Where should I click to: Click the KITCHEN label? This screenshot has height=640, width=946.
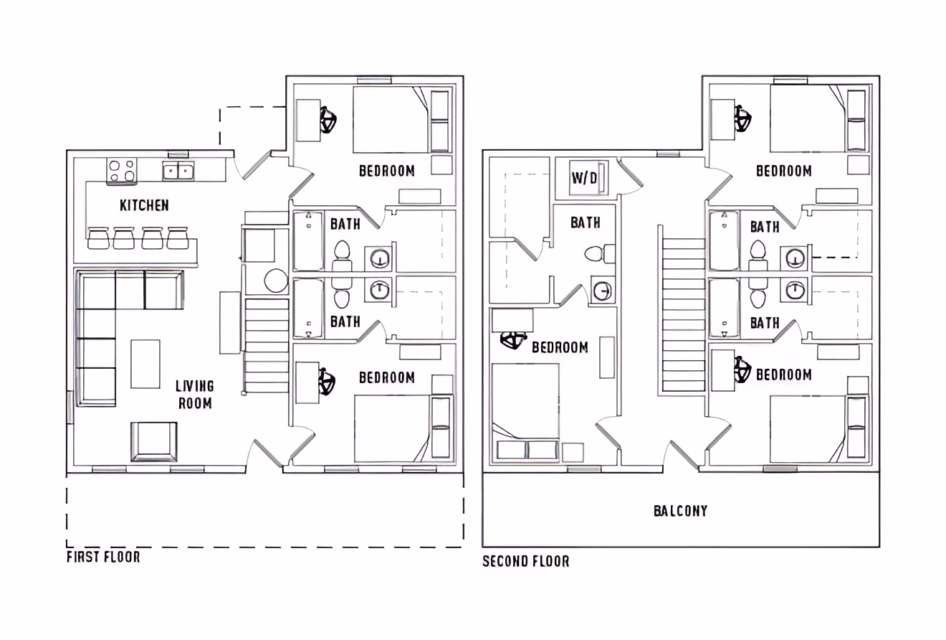(x=144, y=205)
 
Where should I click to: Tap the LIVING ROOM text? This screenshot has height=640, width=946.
(x=195, y=395)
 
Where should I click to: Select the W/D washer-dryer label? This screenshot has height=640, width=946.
(x=584, y=177)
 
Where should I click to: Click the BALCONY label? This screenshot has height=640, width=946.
(x=680, y=511)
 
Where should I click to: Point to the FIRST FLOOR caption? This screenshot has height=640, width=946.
(x=103, y=557)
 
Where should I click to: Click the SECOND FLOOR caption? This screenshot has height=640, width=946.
(x=525, y=561)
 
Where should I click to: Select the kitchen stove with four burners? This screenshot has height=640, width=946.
(x=122, y=171)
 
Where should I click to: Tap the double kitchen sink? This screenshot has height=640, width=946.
(x=178, y=171)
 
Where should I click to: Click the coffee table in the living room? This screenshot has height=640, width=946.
(x=145, y=364)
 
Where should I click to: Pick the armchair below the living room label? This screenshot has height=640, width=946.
(x=153, y=441)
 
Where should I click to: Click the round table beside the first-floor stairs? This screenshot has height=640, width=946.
(x=276, y=281)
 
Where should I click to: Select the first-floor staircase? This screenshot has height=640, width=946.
(x=267, y=346)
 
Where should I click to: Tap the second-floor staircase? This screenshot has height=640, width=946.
(x=683, y=314)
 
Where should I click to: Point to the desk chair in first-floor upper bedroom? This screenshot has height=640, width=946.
(x=329, y=121)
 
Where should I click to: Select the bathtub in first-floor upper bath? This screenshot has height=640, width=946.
(x=308, y=241)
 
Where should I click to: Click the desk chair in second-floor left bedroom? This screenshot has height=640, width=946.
(x=513, y=342)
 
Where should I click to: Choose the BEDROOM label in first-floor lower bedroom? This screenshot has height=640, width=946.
(x=386, y=377)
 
